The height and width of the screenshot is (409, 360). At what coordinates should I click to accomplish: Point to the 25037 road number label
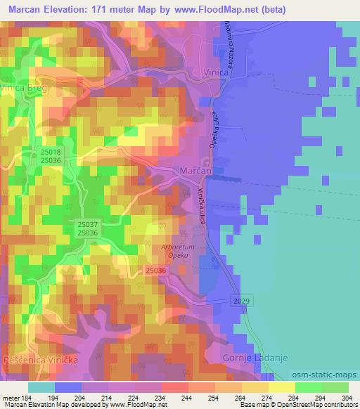pyautogui.click(x=87, y=224)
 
